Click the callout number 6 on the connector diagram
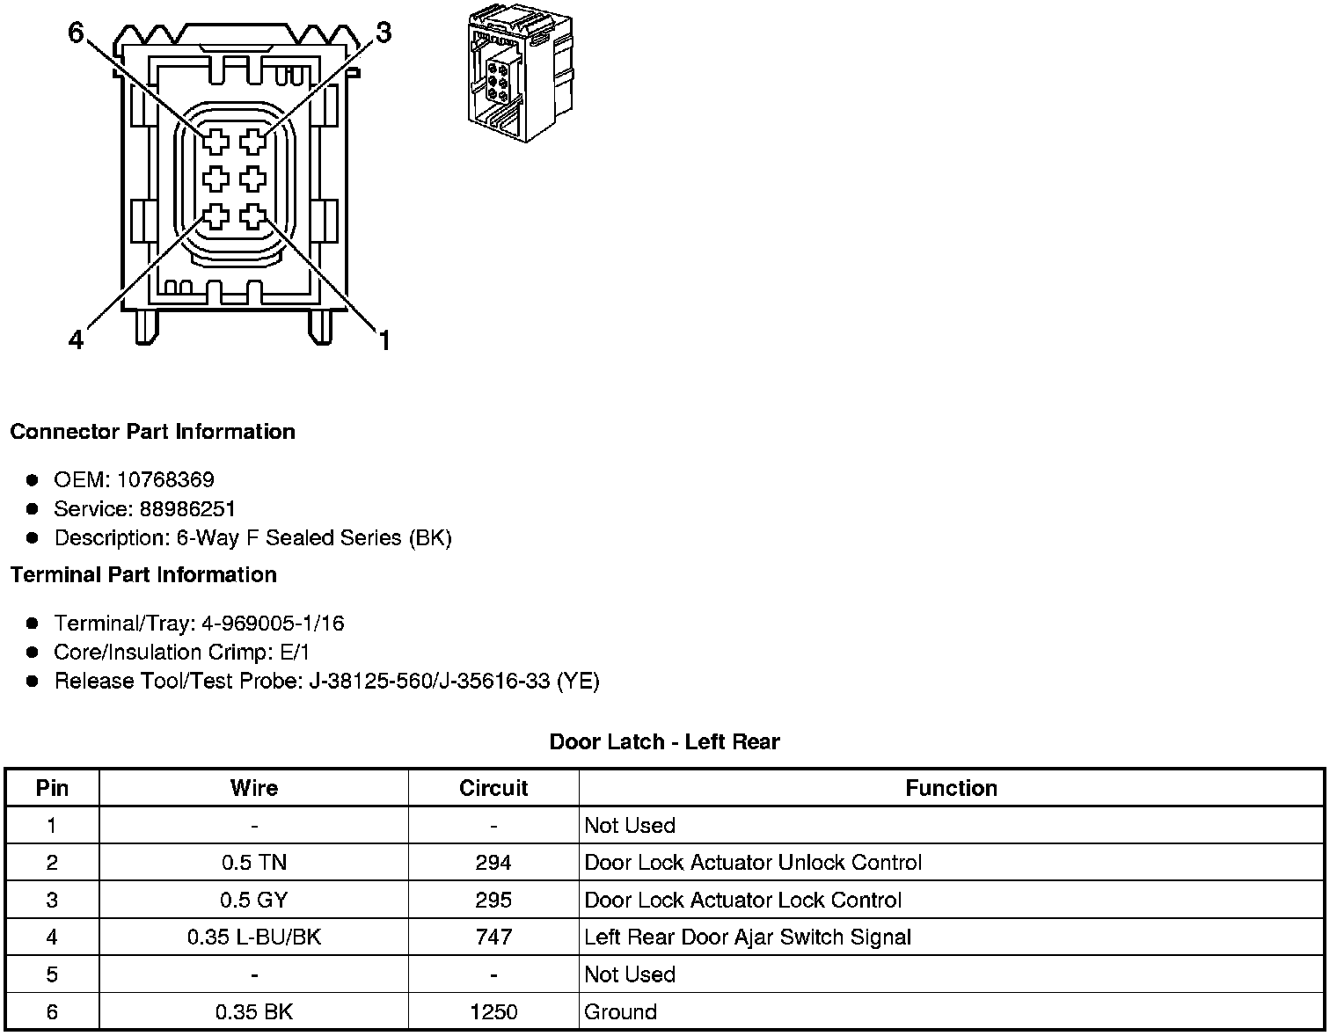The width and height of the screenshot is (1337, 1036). [x=77, y=33]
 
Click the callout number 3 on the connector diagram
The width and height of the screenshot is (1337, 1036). [x=384, y=33]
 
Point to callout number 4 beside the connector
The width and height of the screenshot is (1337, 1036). [x=77, y=339]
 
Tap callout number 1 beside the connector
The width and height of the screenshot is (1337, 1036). [x=384, y=339]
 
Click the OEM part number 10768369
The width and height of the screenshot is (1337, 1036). [x=165, y=479]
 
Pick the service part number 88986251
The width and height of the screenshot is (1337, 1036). [x=187, y=508]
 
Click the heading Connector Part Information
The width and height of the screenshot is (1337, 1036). [x=152, y=432]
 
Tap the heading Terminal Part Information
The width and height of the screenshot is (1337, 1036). [x=143, y=575]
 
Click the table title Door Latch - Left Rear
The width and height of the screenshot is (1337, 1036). [x=664, y=741]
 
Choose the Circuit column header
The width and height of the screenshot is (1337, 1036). [x=493, y=788]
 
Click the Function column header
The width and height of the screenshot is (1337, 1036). [x=951, y=788]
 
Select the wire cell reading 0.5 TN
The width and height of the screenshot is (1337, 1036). [x=254, y=863]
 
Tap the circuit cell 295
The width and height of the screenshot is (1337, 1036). [x=493, y=900]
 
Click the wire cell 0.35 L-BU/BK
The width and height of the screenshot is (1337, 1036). [x=254, y=938]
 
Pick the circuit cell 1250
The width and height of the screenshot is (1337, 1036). [x=493, y=1012]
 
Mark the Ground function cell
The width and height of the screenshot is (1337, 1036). [x=620, y=1012]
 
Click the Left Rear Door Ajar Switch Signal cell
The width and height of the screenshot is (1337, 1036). [x=747, y=938]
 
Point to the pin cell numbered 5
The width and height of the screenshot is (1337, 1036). [x=52, y=974]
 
